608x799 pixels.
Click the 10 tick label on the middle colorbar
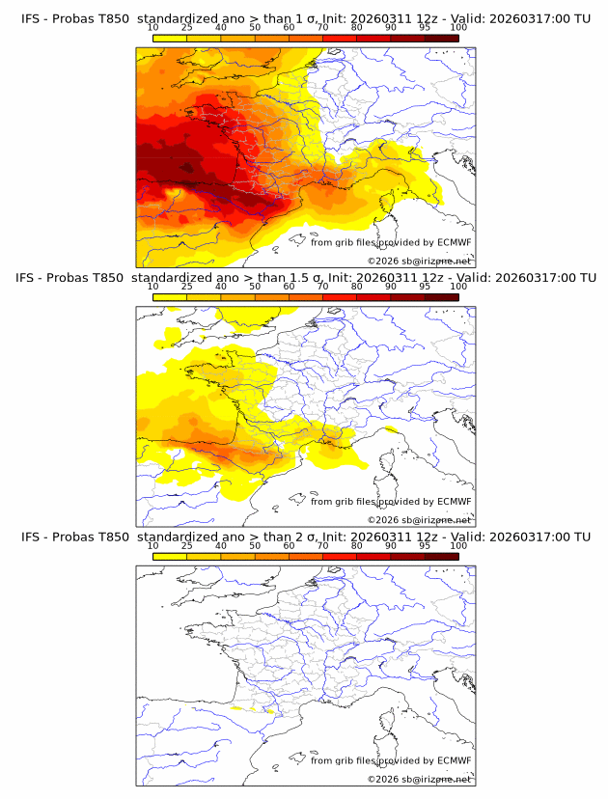click(153, 287)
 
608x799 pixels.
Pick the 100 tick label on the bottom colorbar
click(458, 546)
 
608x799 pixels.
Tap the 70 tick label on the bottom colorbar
click(322, 546)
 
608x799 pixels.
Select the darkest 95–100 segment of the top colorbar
click(441, 38)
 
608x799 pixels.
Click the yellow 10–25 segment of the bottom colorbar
click(170, 557)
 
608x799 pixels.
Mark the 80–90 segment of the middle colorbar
click(373, 297)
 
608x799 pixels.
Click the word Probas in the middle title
click(72, 278)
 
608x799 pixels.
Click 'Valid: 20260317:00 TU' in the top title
click(520, 18)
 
